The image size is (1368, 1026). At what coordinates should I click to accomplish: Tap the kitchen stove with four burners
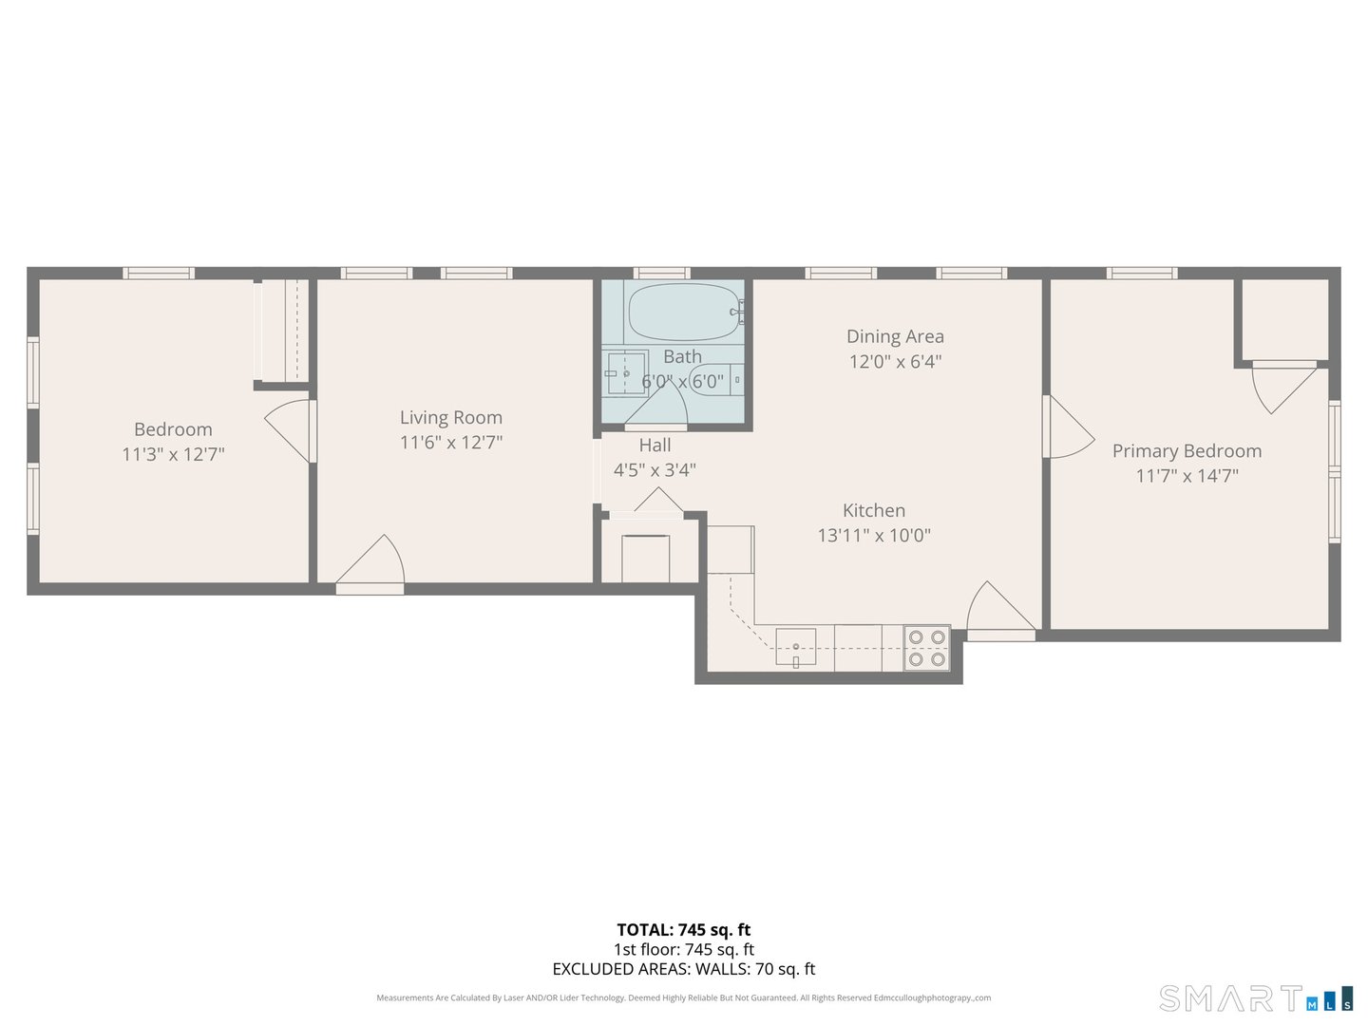926,648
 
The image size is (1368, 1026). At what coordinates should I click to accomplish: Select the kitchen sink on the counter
795,648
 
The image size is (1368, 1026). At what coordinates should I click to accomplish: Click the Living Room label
450,417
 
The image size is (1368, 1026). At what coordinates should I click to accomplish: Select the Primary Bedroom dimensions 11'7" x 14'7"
1187,476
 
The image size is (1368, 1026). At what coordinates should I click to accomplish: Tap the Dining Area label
895,336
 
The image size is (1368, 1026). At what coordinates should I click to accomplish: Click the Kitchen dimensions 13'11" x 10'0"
874,536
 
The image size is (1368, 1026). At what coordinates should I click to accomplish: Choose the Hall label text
655,445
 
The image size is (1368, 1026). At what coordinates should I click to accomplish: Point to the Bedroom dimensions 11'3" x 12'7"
173,454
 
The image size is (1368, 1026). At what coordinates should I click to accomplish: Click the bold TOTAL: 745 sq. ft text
683,930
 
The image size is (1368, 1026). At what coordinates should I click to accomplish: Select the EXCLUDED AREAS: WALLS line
683,969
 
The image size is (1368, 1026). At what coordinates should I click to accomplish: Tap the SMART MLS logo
1255,998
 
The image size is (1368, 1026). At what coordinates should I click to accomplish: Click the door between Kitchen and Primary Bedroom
1066,427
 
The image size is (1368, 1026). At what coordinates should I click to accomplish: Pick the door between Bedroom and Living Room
291,430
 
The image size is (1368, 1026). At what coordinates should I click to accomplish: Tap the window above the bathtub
662,274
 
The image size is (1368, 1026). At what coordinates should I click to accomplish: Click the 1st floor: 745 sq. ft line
683,949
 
